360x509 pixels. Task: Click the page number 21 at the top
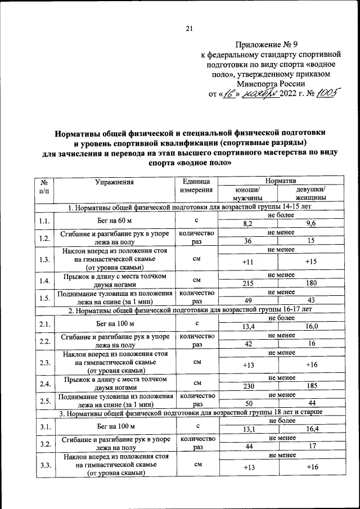[189, 30]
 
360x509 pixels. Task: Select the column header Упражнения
[114, 182]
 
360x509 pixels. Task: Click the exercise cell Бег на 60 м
[114, 220]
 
